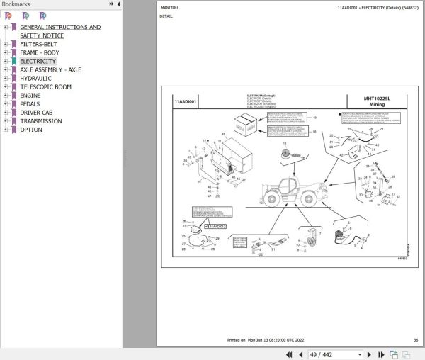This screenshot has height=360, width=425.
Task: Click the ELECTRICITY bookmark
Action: (38, 62)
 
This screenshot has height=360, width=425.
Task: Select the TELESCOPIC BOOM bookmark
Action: (45, 87)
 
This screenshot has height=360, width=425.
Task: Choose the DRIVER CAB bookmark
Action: (40, 113)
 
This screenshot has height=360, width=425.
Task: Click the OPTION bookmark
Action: (31, 130)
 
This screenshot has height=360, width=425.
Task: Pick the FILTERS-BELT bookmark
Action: (40, 44)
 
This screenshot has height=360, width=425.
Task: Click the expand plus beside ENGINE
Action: (6, 96)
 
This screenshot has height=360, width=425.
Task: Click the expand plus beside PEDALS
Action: (6, 104)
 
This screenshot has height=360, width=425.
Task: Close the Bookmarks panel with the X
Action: (118, 4)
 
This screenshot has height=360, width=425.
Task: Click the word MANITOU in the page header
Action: (168, 8)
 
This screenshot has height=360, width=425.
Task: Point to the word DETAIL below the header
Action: (166, 16)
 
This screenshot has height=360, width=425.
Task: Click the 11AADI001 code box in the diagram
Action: (186, 102)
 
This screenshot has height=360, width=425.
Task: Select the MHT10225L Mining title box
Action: (376, 101)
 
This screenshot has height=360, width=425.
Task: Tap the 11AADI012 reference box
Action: (216, 225)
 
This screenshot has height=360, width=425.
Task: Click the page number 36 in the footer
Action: (416, 339)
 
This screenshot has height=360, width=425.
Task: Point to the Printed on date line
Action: (274, 339)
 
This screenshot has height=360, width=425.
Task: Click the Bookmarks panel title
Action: (15, 4)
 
